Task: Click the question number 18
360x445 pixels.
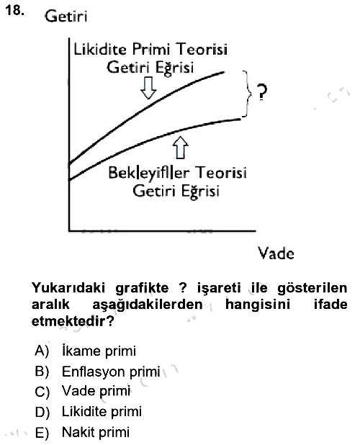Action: (14, 11)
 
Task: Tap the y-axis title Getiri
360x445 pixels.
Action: (66, 16)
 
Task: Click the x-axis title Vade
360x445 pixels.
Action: (276, 253)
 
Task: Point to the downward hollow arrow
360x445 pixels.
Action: (148, 88)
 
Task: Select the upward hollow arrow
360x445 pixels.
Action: (181, 147)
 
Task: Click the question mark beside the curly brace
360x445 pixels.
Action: (262, 92)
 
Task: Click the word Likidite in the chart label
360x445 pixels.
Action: (100, 50)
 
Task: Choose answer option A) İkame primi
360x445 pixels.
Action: (86, 351)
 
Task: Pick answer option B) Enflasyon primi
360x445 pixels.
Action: (98, 372)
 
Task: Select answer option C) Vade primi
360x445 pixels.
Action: (83, 391)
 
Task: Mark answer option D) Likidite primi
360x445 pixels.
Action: (89, 412)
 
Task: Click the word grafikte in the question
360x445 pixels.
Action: (142, 288)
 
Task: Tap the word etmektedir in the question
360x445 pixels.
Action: (73, 321)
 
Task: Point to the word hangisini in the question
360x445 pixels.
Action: (258, 305)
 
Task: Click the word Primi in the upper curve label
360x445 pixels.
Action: (151, 50)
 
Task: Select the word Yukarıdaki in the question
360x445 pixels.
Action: (68, 288)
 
